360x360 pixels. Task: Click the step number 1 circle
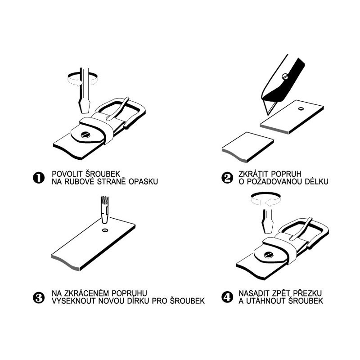[x=39, y=178]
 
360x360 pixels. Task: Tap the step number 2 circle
[x=227, y=178]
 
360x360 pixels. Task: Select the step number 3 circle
[x=39, y=297]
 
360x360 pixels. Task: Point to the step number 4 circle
[x=227, y=297]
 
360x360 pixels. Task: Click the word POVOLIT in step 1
[x=67, y=174]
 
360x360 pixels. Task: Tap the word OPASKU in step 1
[x=143, y=182]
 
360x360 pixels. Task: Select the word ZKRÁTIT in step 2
[x=254, y=174]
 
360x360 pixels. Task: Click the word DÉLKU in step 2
[x=317, y=181]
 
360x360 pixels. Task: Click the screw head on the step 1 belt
[x=85, y=135]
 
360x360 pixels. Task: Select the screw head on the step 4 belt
[x=268, y=255]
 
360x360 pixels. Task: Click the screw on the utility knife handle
[x=285, y=76]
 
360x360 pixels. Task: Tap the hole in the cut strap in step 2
[x=301, y=108]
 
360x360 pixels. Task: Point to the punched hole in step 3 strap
[x=105, y=230]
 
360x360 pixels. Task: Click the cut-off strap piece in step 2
[x=248, y=148]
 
